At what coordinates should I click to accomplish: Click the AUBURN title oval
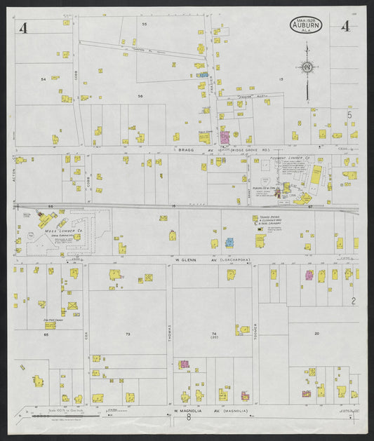pos(306,26)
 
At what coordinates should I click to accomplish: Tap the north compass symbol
pos(307,67)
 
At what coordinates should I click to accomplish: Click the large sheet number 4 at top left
pos(25,28)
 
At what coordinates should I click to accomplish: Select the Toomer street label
pos(254,328)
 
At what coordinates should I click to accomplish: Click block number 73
pos(128,334)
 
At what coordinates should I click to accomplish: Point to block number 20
pos(316,333)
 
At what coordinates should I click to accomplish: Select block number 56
pos(140,95)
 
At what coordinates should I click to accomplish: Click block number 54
pos(43,79)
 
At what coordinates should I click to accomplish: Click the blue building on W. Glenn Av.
pos(229,243)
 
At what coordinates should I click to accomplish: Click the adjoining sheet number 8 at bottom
pos(188,418)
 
